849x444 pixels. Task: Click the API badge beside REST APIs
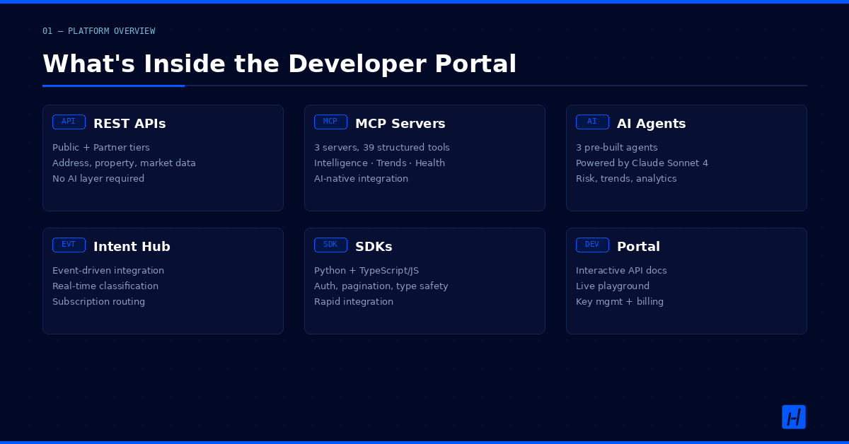click(69, 122)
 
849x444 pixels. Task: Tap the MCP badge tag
click(330, 122)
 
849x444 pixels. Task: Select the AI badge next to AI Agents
click(592, 122)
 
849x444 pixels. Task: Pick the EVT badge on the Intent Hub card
click(69, 245)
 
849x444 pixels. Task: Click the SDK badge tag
click(330, 245)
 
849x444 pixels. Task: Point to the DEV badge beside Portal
click(592, 245)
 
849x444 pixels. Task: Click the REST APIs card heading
click(129, 124)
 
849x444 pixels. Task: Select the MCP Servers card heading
click(400, 124)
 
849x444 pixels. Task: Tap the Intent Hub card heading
click(132, 247)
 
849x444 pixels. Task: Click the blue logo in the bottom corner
click(794, 417)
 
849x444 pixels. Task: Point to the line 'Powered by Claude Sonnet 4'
click(642, 163)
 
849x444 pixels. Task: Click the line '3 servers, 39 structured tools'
click(381, 147)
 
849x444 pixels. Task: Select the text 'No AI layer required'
click(98, 178)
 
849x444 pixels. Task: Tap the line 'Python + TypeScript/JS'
click(366, 271)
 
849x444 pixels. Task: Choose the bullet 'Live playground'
click(613, 286)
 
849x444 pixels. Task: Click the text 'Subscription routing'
click(98, 302)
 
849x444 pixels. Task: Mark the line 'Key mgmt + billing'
click(619, 302)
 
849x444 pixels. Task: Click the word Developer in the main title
click(357, 64)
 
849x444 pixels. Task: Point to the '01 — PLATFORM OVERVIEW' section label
click(98, 31)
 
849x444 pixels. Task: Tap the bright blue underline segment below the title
click(113, 86)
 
